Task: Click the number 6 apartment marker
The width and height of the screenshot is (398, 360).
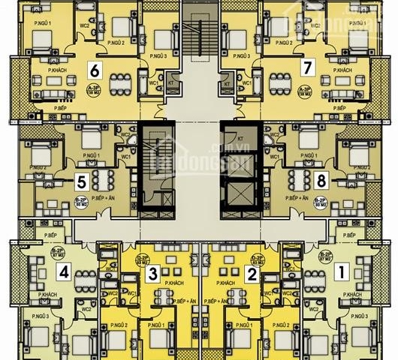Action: (94, 70)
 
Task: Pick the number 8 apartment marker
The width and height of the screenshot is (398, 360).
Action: (321, 180)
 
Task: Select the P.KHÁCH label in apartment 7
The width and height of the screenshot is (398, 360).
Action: (343, 70)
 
